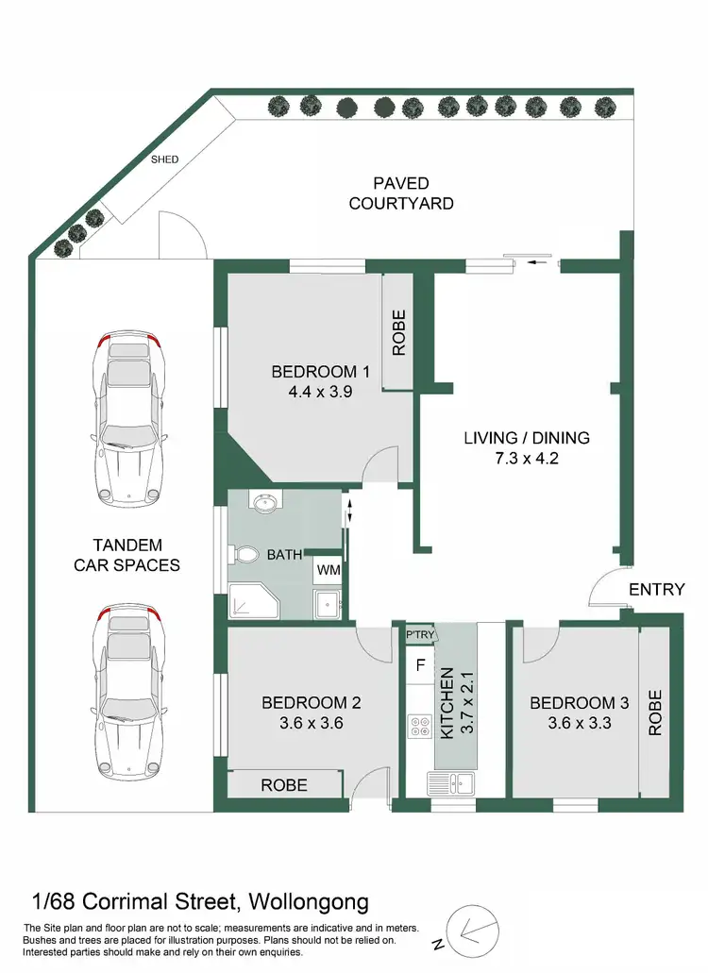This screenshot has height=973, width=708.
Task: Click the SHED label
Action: click(x=165, y=159)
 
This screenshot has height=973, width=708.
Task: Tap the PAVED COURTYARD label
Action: click(x=401, y=193)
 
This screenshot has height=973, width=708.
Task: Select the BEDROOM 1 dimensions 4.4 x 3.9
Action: click(x=314, y=393)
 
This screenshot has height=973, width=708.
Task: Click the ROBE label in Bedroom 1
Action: click(x=398, y=332)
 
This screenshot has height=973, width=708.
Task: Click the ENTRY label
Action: click(x=656, y=590)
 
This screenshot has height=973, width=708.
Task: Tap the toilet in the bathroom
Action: click(x=247, y=553)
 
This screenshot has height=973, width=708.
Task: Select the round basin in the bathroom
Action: click(x=266, y=502)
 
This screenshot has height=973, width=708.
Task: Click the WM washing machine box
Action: click(x=328, y=570)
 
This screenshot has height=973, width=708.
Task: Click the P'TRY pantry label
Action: click(x=419, y=634)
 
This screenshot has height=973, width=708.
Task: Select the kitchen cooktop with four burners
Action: click(x=419, y=727)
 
